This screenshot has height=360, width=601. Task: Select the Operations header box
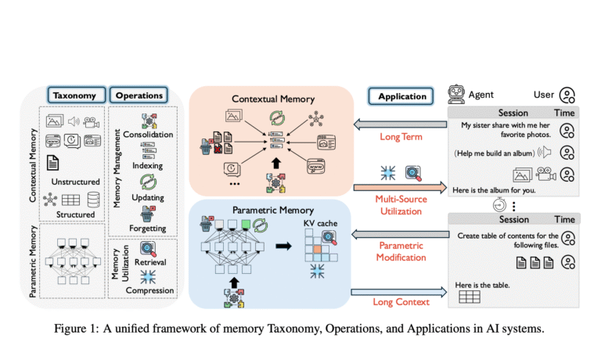(139, 95)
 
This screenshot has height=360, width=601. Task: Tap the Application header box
(401, 96)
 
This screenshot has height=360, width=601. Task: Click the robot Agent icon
(456, 95)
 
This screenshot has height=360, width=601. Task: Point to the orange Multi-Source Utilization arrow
(400, 188)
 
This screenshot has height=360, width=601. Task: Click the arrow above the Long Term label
(400, 124)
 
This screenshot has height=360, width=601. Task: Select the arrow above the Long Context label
(398, 292)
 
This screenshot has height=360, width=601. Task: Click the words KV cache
(320, 223)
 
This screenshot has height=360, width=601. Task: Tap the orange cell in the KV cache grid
(318, 250)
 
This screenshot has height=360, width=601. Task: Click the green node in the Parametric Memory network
(246, 224)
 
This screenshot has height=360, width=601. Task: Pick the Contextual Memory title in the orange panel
(273, 99)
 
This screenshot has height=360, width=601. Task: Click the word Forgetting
(148, 229)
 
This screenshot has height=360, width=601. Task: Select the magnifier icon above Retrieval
(148, 249)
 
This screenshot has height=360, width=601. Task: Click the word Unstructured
(75, 182)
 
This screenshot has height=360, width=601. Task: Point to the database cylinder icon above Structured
(94, 200)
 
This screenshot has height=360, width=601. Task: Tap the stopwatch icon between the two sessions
(499, 205)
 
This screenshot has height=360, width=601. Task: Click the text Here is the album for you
(494, 190)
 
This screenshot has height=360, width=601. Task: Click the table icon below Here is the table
(470, 297)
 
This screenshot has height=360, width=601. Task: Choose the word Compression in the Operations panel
(150, 290)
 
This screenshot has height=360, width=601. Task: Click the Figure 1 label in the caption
(77, 329)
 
